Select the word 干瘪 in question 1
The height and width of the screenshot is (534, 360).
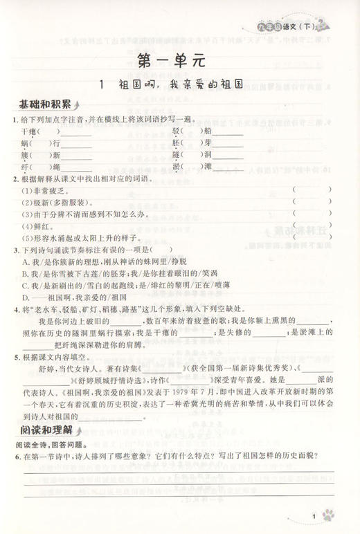click(29, 131)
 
